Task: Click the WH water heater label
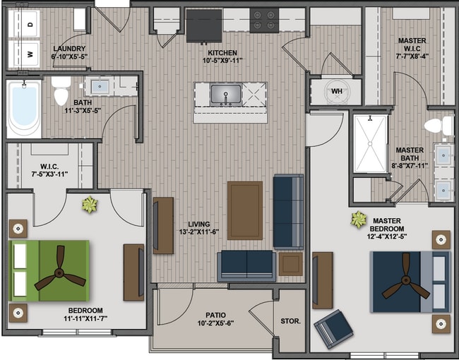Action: (337, 91)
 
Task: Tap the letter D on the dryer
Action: (30, 25)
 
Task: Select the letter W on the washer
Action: (30, 54)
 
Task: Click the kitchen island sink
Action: (226, 95)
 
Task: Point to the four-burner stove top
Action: (264, 20)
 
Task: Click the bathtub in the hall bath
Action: (24, 108)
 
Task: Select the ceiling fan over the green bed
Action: (60, 272)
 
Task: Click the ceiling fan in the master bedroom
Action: (406, 280)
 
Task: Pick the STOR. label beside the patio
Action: (291, 321)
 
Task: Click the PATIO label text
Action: (216, 316)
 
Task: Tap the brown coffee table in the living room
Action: (245, 210)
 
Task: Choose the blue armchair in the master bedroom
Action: (333, 329)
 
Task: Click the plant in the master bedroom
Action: (359, 220)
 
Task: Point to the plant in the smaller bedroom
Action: (90, 204)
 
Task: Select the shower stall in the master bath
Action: (370, 143)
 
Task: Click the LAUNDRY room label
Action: (69, 49)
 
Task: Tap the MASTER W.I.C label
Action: (412, 44)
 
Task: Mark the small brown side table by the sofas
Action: (290, 264)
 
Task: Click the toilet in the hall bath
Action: (61, 91)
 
